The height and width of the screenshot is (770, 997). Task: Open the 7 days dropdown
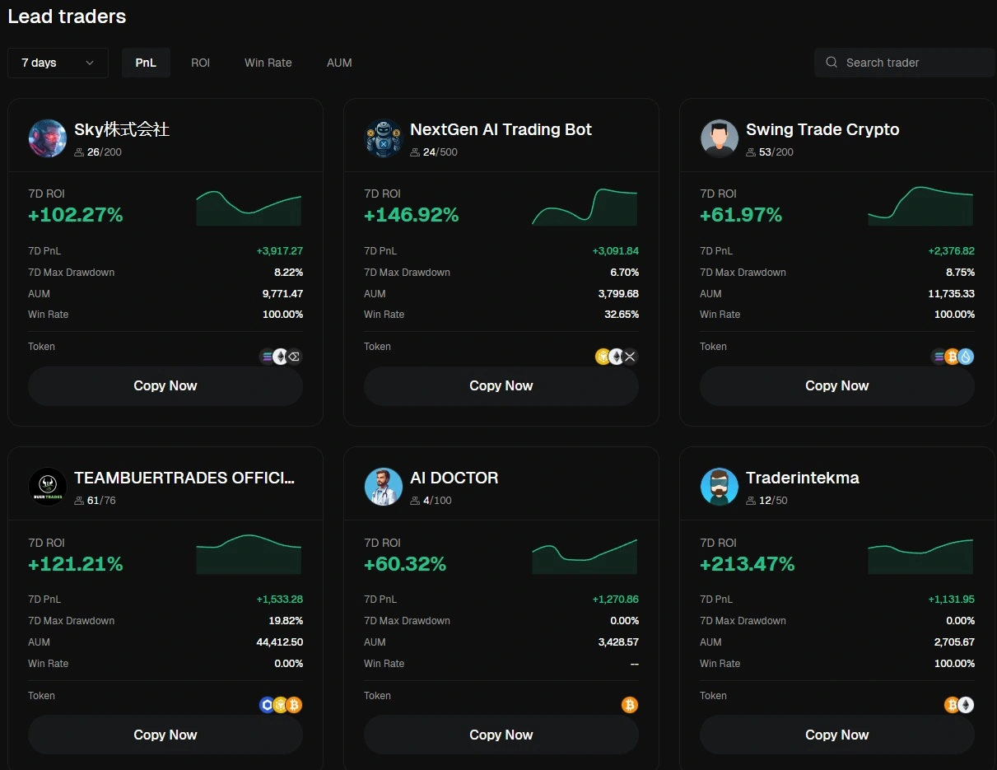(x=58, y=63)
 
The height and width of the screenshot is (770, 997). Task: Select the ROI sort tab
(x=200, y=63)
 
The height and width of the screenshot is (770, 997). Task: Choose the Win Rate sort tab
(x=268, y=63)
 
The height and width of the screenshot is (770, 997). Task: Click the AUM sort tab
(x=339, y=63)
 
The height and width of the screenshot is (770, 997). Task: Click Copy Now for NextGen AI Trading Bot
(x=501, y=385)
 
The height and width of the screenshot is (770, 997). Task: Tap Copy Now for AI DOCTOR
(x=501, y=735)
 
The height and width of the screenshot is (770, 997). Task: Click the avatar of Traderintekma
(x=720, y=487)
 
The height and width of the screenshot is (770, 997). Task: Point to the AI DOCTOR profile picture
(x=384, y=487)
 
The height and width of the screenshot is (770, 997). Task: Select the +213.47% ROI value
(x=747, y=564)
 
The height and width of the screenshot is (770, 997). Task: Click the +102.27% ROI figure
(x=75, y=215)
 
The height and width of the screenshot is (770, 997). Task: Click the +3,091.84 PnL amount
(x=615, y=251)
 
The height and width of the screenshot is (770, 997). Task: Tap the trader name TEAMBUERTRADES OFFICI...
(x=184, y=478)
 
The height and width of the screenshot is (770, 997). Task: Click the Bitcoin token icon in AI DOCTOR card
(x=630, y=705)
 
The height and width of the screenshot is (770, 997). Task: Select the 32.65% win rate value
(x=621, y=315)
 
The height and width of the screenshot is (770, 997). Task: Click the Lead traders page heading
(x=67, y=16)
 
